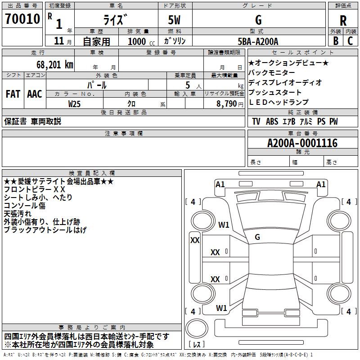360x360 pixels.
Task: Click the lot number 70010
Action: [22, 19]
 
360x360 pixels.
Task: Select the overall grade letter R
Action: [343, 21]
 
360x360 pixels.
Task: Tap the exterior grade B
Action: [336, 41]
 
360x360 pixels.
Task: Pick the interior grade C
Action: [350, 41]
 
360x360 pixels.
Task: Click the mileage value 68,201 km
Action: [55, 65]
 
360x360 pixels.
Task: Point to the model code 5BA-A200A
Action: [258, 41]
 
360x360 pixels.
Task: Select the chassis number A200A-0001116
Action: [302, 143]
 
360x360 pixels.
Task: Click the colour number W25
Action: [74, 104]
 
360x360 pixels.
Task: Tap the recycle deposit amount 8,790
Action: [227, 103]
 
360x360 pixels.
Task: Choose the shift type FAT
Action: [13, 94]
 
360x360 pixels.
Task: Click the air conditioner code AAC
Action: [35, 94]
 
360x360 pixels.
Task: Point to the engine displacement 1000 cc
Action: [141, 41]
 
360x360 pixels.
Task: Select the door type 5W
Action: [174, 20]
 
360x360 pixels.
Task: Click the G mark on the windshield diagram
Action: [257, 237]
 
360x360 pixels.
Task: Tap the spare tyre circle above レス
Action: [197, 328]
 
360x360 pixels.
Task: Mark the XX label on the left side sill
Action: [195, 240]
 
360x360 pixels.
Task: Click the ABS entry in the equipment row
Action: [272, 121]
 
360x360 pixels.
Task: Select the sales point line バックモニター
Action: [272, 72]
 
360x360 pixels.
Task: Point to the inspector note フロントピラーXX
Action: [35, 189]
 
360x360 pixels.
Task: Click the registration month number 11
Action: [59, 41]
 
